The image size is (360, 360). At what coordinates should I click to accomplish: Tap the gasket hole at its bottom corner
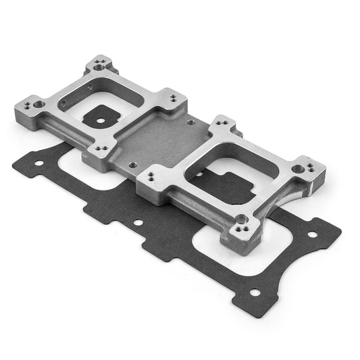(x=255, y=292)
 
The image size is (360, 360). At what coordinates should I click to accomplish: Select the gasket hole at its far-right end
(x=312, y=234)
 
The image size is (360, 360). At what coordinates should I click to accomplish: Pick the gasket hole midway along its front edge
(x=138, y=222)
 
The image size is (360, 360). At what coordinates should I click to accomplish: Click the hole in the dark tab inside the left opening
(x=101, y=122)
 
